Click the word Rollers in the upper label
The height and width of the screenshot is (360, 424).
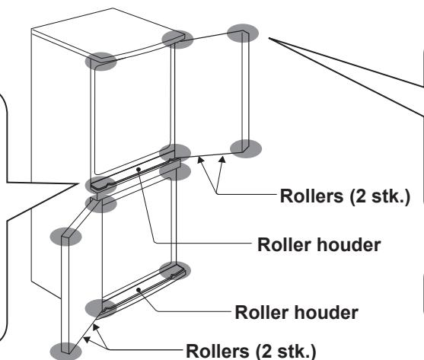click(x=311, y=196)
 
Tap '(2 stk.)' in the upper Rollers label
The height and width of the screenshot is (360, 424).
click(x=380, y=196)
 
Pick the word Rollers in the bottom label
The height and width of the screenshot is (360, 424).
click(x=218, y=351)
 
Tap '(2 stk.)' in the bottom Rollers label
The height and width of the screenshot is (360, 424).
click(x=285, y=352)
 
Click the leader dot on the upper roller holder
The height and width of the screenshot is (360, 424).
click(x=139, y=170)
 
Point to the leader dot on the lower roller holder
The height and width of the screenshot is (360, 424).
click(x=139, y=290)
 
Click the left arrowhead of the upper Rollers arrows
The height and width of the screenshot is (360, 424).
click(x=200, y=160)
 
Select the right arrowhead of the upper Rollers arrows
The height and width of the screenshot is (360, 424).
click(x=222, y=160)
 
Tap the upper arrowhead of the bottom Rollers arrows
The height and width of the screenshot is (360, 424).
click(x=96, y=327)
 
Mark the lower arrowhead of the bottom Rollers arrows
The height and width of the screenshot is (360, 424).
click(x=87, y=339)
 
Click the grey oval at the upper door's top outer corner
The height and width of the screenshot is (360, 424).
click(x=243, y=33)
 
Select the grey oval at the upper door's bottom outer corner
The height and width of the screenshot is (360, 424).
click(x=246, y=148)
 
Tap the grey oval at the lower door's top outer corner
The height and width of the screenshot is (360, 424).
click(x=65, y=237)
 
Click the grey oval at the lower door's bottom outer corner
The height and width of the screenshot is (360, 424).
click(x=65, y=352)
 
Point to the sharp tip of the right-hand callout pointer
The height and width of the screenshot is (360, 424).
click(x=269, y=38)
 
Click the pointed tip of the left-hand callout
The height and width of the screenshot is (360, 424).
click(x=78, y=183)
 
